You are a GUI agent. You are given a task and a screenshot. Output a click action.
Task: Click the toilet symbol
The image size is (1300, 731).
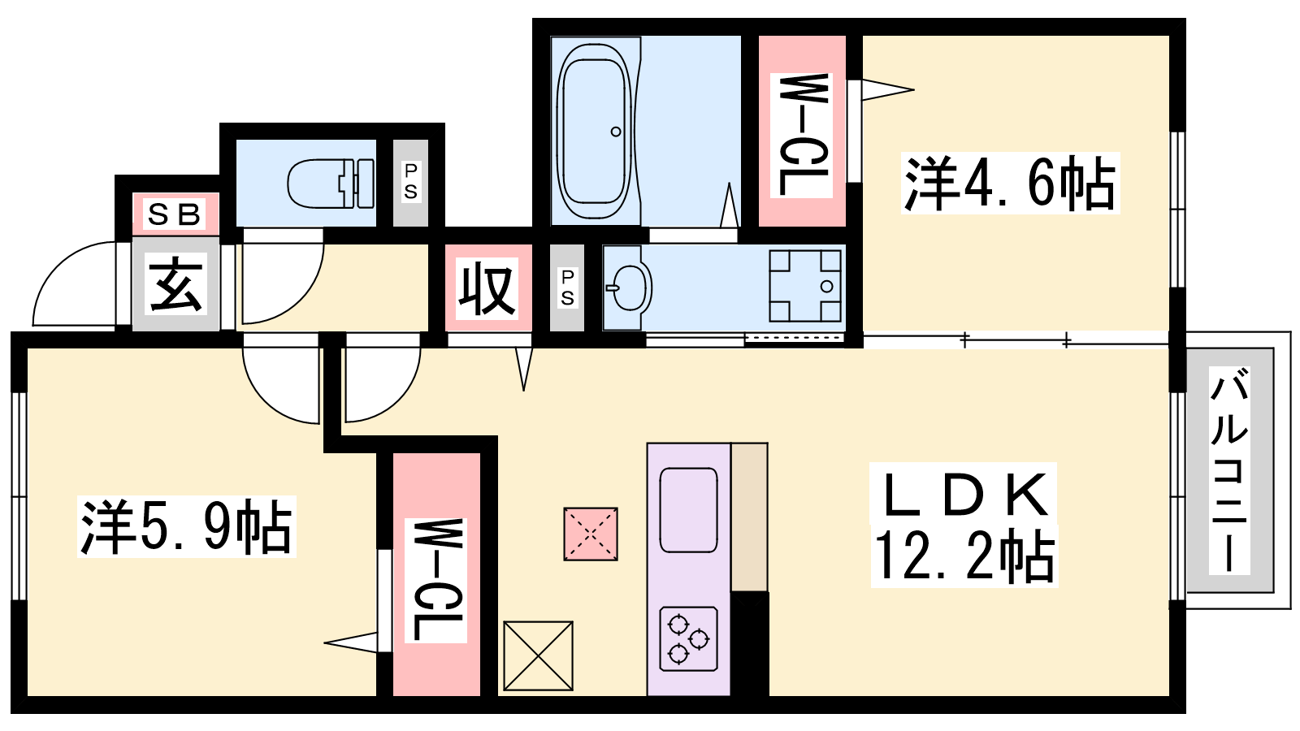tap(331, 184)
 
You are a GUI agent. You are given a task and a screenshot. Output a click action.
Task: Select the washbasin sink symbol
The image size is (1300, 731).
tap(629, 288)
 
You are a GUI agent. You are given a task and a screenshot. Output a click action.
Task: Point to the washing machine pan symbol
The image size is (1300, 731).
tap(805, 286)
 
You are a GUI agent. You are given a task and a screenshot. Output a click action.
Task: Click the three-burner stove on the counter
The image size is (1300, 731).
tap(689, 638)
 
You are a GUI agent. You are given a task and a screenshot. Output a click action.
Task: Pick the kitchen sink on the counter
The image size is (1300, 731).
tap(689, 510)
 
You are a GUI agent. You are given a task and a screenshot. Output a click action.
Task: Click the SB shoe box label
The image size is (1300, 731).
tap(175, 214)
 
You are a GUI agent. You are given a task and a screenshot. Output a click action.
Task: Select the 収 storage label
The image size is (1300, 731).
tap(487, 288)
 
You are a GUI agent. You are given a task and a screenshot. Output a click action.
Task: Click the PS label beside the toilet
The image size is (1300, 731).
tap(410, 182)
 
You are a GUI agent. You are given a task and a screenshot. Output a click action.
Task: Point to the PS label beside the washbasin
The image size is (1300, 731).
tap(567, 288)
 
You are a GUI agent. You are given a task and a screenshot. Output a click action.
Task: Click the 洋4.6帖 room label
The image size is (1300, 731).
tap(1010, 183)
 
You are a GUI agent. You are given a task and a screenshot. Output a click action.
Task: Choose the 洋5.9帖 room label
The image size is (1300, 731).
tap(187, 526)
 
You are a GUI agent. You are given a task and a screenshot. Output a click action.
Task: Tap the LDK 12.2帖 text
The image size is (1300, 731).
tap(964, 525)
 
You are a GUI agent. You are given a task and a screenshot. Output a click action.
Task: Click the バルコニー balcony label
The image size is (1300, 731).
tap(1229, 470)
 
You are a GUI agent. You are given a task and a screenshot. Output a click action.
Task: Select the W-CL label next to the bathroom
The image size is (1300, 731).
tap(801, 135)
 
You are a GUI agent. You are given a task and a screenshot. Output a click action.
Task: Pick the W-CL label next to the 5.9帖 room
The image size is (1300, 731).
tap(435, 580)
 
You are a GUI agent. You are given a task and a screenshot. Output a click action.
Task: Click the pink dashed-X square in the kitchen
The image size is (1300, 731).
tap(590, 534)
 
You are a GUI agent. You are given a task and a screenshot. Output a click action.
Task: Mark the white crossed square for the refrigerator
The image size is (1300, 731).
tap(538, 655)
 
